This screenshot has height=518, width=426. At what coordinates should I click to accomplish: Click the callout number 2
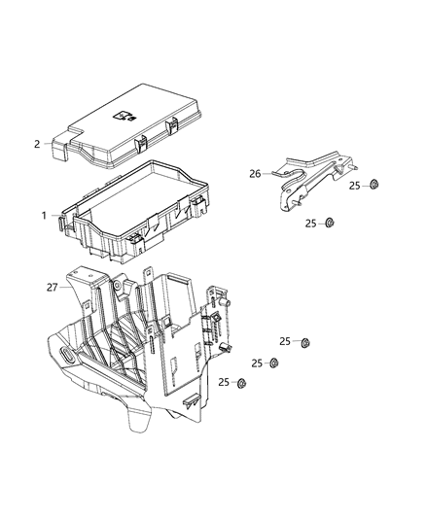point(37,144)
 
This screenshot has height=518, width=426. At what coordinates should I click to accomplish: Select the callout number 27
point(52,287)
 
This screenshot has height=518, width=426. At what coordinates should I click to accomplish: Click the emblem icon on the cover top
point(124,114)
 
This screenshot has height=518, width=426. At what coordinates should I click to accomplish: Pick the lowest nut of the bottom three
point(241,383)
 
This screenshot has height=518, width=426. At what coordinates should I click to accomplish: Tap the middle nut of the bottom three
point(273,363)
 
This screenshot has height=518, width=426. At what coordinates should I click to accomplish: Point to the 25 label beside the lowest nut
point(223,383)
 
